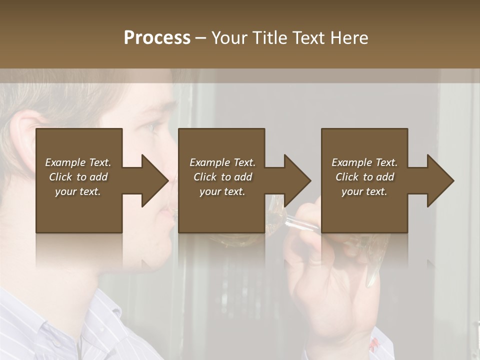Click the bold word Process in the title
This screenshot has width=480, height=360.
click(157, 38)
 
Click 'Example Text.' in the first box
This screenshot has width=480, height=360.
click(78, 162)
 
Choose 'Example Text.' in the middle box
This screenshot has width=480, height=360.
click(222, 162)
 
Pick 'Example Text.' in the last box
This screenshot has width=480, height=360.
click(364, 162)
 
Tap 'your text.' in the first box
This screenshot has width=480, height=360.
click(78, 191)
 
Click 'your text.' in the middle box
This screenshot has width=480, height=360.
click(222, 191)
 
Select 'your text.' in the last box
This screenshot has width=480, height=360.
click(364, 191)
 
